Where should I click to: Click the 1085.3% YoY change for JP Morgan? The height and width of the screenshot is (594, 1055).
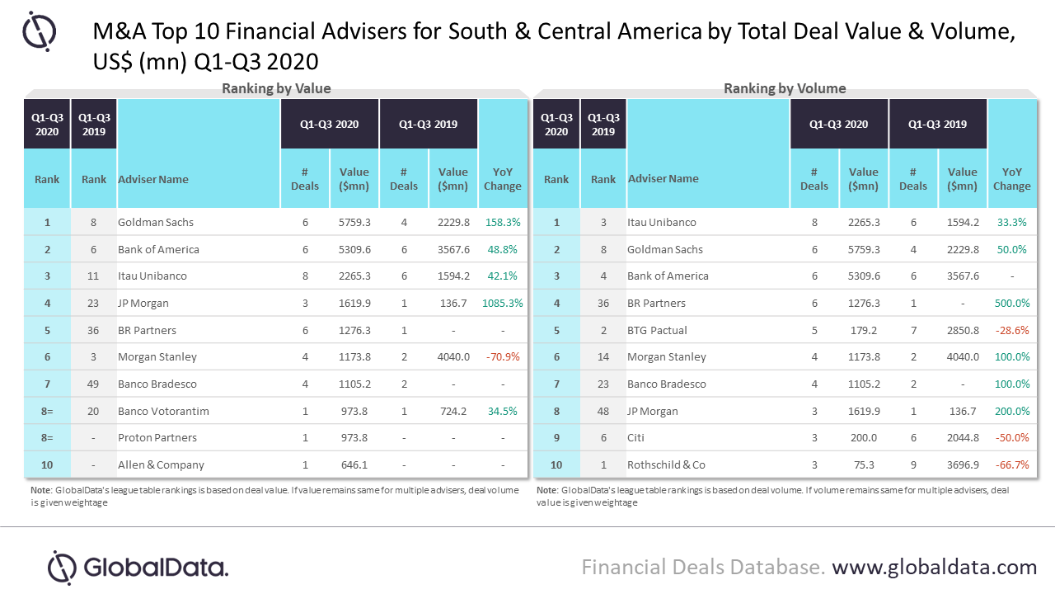[x=503, y=303]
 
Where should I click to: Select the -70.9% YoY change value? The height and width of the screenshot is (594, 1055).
[x=503, y=356]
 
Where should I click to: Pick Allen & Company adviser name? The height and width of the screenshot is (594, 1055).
[x=161, y=464]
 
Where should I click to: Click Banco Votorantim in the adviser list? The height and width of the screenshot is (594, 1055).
[x=163, y=411]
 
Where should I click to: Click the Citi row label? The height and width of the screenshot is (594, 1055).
[x=638, y=437]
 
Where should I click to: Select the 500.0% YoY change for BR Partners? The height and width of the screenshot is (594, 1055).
[x=1012, y=303]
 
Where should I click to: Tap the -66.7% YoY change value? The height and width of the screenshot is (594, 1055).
[x=1012, y=464]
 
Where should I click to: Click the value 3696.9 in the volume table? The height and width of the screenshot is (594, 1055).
[x=963, y=464]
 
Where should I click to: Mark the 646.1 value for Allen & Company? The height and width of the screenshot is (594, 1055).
[x=354, y=464]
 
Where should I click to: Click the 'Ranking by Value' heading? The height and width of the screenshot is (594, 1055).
[x=276, y=89]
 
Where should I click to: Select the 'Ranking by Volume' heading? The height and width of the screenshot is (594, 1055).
[x=785, y=89]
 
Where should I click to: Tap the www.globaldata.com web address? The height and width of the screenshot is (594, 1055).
[x=934, y=567]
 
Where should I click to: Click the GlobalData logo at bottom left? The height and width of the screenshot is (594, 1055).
[x=138, y=567]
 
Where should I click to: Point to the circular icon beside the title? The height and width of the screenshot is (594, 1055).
[x=39, y=31]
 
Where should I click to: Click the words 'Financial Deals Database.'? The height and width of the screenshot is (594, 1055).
[x=703, y=567]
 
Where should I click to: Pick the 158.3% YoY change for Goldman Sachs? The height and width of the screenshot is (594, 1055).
[x=503, y=222]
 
